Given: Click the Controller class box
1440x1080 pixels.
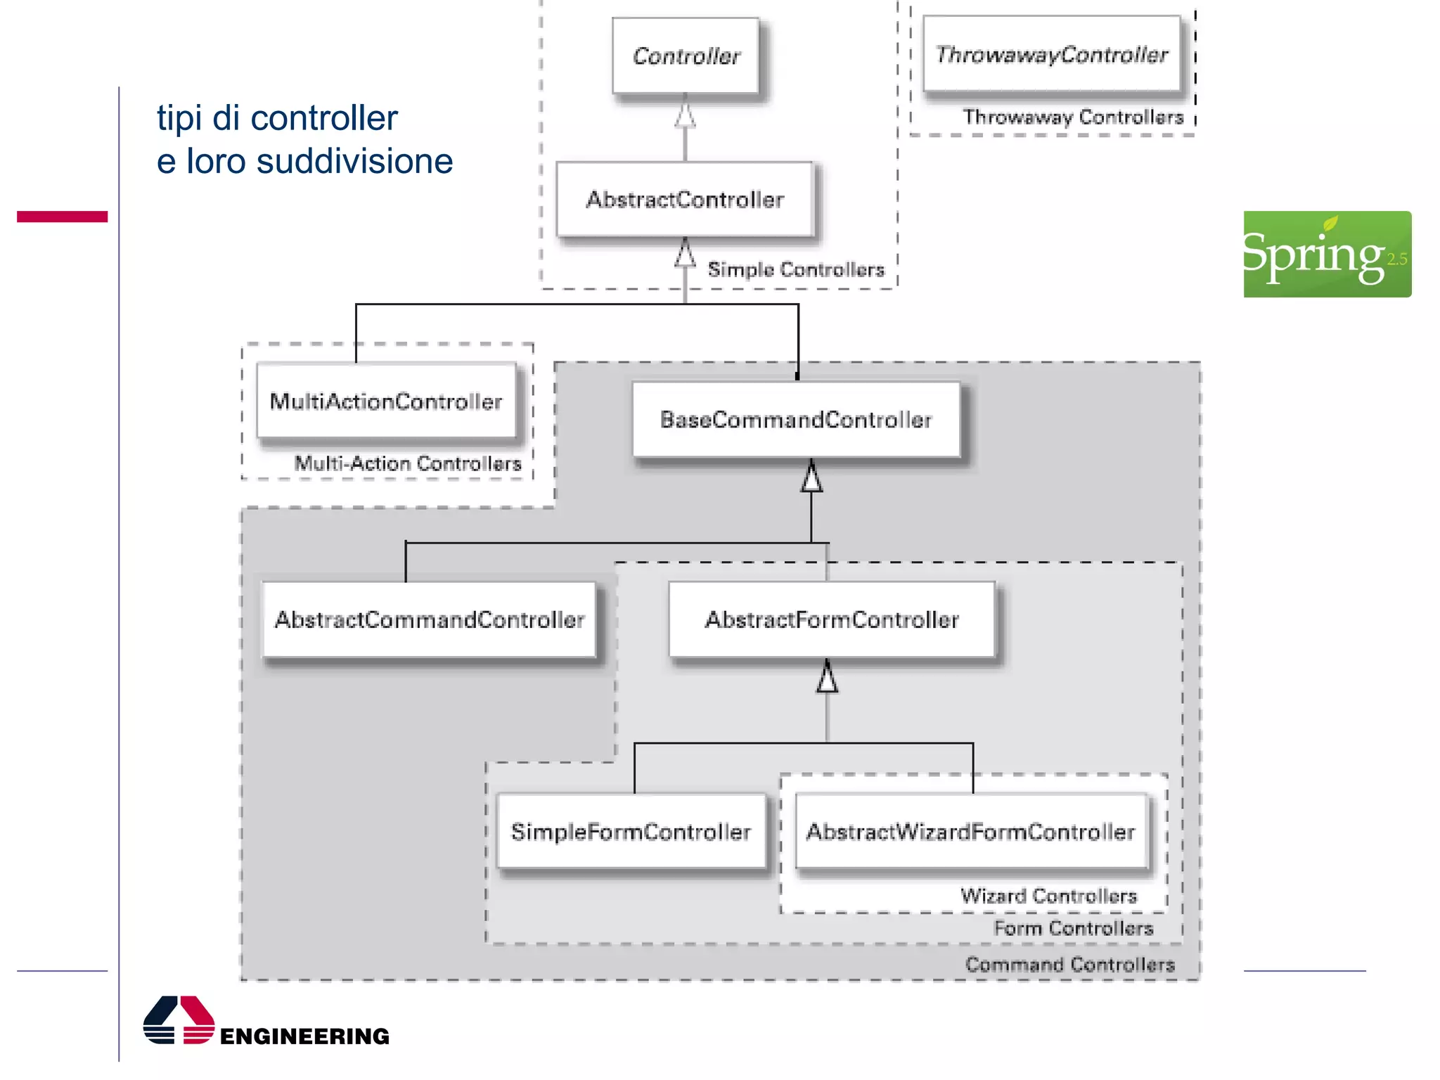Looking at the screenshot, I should tap(686, 56).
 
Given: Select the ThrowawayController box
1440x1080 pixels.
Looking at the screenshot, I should tap(1051, 54).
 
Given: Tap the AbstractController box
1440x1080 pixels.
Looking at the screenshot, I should tap(685, 200).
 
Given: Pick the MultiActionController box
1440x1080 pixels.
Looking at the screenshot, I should tap(386, 401).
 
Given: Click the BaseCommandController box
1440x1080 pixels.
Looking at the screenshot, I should tap(796, 420).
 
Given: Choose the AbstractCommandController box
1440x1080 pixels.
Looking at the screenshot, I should tap(430, 619).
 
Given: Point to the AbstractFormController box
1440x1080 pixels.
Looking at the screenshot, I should tap(832, 619).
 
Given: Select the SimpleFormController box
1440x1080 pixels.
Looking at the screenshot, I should tap(631, 832).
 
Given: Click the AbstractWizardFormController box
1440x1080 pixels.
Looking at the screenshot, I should tap(970, 832).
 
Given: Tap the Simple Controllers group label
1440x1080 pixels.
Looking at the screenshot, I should tap(796, 269).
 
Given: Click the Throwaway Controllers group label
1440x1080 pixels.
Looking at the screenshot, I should tap(1073, 117).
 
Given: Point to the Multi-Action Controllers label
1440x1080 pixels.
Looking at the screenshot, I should tap(408, 463).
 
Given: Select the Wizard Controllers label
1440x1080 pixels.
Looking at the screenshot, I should tap(1048, 896).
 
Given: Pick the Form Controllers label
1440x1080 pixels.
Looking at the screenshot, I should tap(1073, 928).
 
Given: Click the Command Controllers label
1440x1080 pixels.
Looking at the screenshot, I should tap(1069, 964).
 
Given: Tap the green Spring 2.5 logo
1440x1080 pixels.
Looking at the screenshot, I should tap(1327, 254).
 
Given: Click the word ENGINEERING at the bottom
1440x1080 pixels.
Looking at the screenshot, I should tap(304, 1036).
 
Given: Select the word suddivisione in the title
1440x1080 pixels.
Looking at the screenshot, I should tap(354, 162).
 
